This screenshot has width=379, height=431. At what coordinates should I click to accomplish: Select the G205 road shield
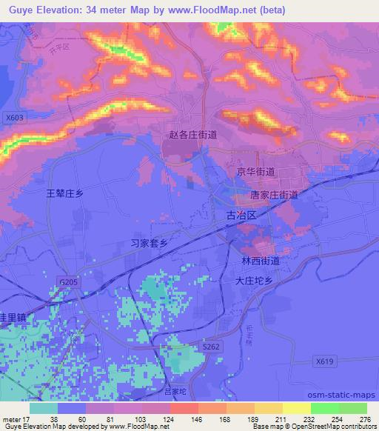(x=67, y=282)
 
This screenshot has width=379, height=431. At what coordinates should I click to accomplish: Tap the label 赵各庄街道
(x=193, y=135)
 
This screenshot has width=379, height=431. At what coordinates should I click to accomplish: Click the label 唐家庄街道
(x=274, y=195)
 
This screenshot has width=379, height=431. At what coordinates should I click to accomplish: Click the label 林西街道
(x=260, y=261)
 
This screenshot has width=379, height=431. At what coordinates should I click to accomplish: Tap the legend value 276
(x=365, y=418)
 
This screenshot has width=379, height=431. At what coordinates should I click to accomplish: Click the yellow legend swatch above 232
(x=296, y=408)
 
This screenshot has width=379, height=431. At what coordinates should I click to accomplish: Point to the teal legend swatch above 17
(x=43, y=408)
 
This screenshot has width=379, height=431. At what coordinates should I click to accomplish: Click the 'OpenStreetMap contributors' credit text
(x=322, y=427)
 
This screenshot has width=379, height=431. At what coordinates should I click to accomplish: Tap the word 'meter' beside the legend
(x=14, y=418)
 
